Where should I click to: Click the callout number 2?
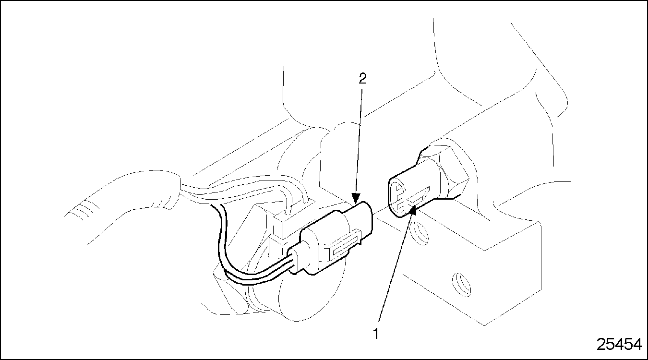coord(362,78)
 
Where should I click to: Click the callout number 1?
coord(376,334)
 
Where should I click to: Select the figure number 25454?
coord(619,344)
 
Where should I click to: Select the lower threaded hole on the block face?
coord(461,285)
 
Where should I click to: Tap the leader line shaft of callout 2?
coord(359,141)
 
